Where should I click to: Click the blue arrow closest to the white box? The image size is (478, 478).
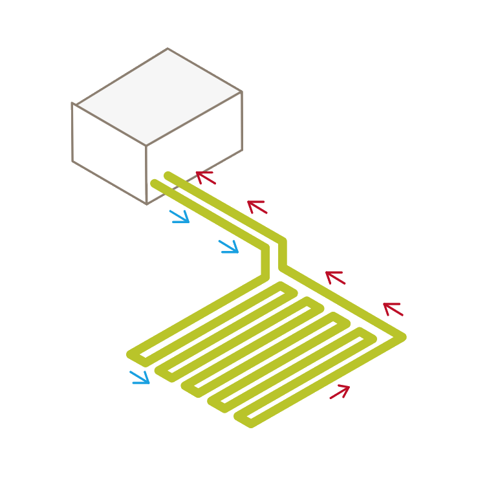[180, 216]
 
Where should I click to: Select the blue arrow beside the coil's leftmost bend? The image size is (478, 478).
[140, 377]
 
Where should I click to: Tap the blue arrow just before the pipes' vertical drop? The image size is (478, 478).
[229, 246]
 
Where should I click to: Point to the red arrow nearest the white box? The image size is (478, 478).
[205, 177]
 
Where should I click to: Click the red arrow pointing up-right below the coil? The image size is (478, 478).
[340, 391]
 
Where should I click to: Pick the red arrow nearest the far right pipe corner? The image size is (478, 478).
[393, 309]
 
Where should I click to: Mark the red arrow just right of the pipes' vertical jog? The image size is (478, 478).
[335, 277]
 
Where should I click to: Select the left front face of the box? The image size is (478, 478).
[109, 153]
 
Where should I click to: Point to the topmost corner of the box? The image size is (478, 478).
[168, 49]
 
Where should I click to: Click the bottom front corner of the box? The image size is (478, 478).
[147, 203]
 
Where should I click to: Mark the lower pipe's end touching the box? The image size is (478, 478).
[154, 183]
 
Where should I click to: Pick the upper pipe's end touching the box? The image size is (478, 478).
[168, 175]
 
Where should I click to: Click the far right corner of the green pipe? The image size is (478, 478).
[402, 336]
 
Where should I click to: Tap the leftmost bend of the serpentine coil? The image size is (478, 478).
[131, 354]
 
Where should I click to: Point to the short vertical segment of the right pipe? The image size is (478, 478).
[282, 254]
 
